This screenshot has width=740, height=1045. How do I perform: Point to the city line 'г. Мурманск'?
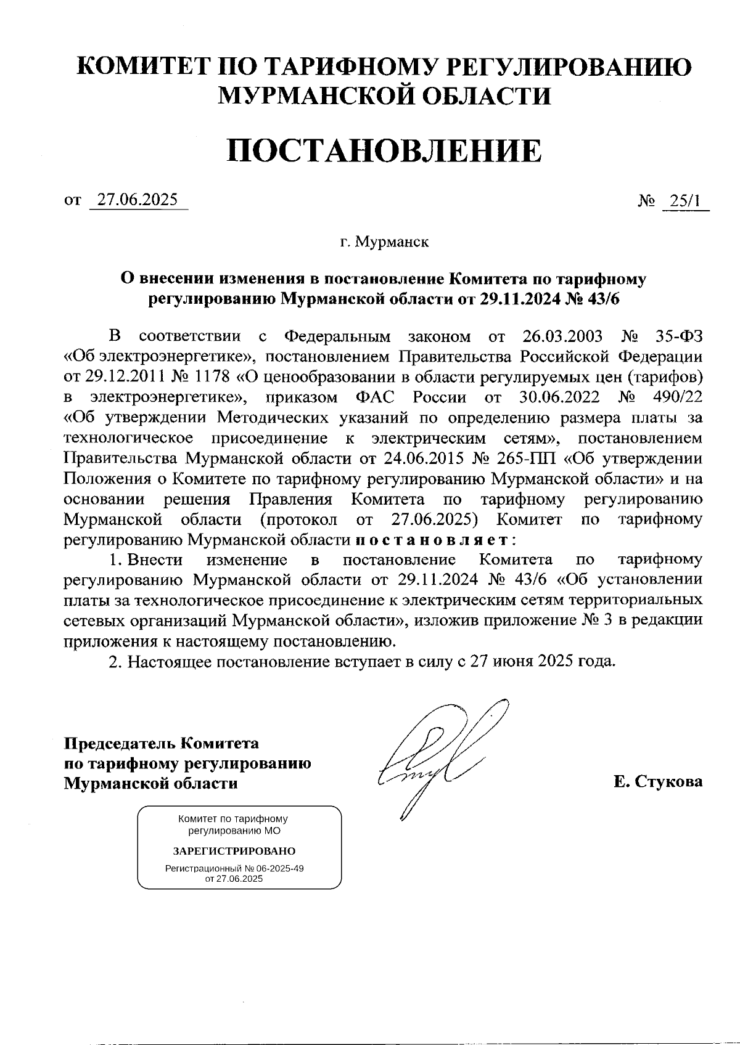(x=384, y=242)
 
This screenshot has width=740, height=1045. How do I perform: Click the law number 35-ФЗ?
(x=676, y=336)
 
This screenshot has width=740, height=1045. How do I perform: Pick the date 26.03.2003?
(x=562, y=336)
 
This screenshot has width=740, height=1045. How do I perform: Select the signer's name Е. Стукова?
(x=658, y=783)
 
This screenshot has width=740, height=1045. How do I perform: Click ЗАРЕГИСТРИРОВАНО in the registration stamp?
(x=234, y=852)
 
